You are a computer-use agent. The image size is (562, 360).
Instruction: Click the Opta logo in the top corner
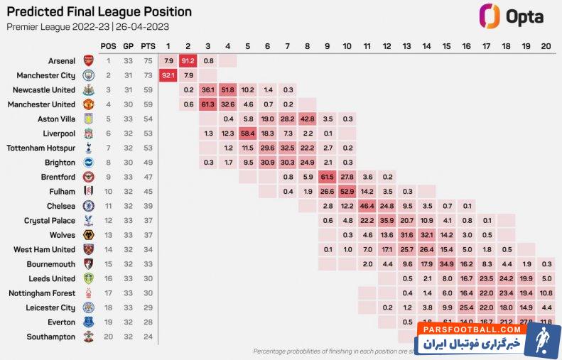[512, 15]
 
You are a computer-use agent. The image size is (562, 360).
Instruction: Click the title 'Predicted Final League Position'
[99, 12]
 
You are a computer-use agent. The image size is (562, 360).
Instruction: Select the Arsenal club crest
[88, 61]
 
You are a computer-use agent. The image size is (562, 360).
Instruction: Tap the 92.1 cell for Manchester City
[168, 75]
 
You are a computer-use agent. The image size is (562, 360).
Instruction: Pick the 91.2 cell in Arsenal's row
[188, 61]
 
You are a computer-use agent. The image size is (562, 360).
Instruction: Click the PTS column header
[148, 46]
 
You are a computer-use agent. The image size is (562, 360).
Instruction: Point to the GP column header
[129, 46]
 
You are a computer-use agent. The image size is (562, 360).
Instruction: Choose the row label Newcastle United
[43, 90]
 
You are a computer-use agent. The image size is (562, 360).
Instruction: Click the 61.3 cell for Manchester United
[208, 104]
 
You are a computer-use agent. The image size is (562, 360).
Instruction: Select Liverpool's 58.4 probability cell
[248, 133]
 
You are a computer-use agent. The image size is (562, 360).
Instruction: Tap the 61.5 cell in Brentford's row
[328, 177]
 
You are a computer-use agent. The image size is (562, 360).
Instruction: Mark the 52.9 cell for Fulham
[347, 191]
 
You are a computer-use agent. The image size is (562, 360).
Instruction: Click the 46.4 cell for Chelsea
[367, 206]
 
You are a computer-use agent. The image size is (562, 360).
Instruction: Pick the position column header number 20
[546, 46]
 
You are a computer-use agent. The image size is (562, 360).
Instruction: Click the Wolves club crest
[88, 235]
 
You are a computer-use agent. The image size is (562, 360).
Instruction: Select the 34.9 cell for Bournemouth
[447, 264]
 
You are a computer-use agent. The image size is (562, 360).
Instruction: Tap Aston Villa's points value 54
[148, 119]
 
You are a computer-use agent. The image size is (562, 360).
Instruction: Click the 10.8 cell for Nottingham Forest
[546, 293]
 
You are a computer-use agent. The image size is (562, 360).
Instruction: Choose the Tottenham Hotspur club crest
[88, 148]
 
